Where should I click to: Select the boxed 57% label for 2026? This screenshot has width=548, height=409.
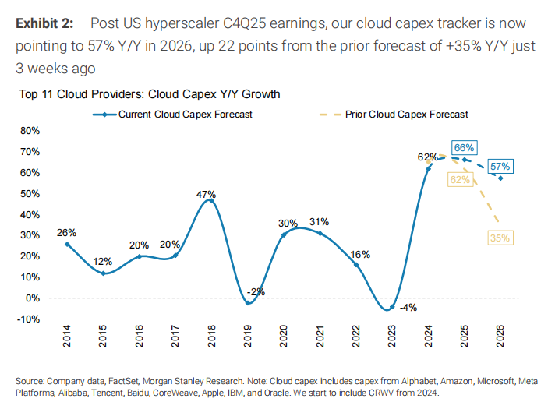pos(500,166)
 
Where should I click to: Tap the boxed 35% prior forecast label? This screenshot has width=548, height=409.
pos(500,238)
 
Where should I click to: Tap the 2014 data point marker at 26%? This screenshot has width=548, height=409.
pos(67,244)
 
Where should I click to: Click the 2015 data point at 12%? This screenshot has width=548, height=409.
pos(104,273)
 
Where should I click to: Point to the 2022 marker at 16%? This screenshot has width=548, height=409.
pos(356,265)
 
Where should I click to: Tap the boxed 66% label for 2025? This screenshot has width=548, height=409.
pos(464,148)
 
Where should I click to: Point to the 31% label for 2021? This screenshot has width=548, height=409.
pos(318,223)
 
